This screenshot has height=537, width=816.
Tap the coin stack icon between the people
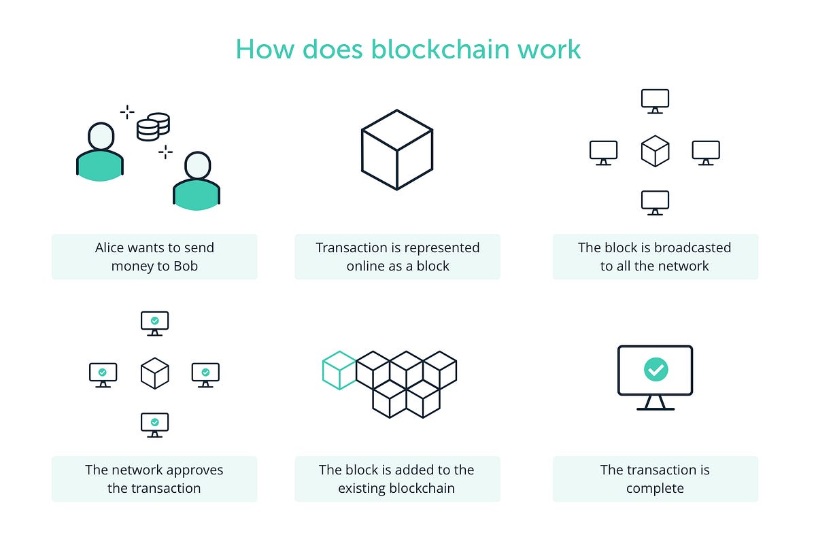(x=153, y=126)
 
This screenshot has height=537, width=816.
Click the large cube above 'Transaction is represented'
(x=397, y=150)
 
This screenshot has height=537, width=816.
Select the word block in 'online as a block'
(x=432, y=266)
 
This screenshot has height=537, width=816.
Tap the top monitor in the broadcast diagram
(x=655, y=101)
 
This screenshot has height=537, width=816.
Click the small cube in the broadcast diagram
(x=655, y=151)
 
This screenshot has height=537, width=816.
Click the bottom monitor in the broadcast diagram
(x=655, y=202)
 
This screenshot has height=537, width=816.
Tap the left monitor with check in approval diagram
(x=103, y=373)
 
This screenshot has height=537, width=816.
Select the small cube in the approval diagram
(x=154, y=373)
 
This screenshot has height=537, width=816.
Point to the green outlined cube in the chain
(x=339, y=370)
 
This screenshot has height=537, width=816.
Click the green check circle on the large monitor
(x=656, y=370)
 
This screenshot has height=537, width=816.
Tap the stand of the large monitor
(x=656, y=403)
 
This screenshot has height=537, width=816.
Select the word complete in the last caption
(x=655, y=488)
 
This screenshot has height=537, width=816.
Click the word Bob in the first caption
(x=185, y=266)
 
